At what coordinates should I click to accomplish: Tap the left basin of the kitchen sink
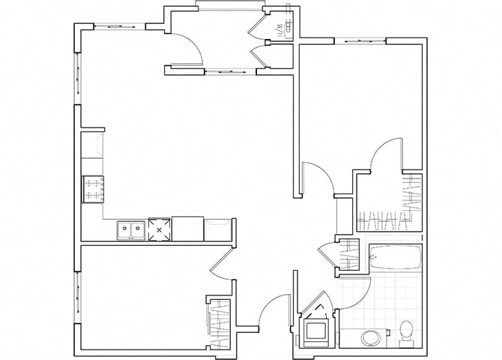pos(124,229)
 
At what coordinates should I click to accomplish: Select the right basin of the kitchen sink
pos(137,229)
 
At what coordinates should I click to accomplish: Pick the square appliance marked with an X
pos(160,229)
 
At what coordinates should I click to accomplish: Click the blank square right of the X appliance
pos(187,228)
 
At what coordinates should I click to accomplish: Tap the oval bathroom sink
pos(371,337)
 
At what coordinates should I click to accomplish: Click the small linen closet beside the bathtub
pos(348,254)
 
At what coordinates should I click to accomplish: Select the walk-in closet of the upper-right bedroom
pos(386,202)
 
